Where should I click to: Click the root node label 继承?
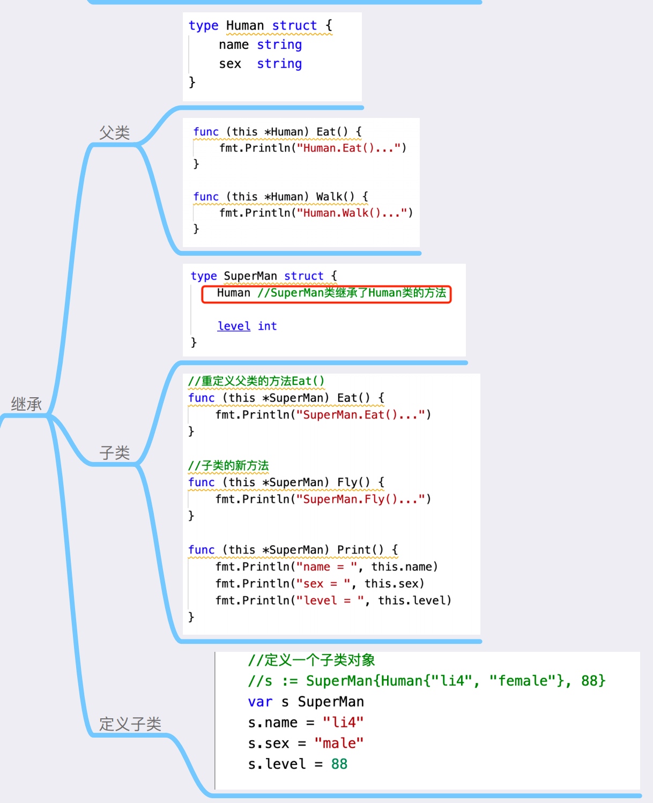tap(26, 404)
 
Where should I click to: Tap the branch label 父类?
tap(114, 132)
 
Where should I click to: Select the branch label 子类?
tap(114, 452)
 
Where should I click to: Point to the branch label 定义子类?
tap(130, 724)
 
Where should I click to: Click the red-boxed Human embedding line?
tap(326, 294)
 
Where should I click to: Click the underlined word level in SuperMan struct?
tap(234, 326)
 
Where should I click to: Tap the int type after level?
tap(267, 326)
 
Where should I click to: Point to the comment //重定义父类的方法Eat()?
tap(256, 381)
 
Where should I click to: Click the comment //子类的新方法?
tap(228, 465)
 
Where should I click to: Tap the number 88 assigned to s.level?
tap(339, 764)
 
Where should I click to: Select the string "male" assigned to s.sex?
tap(339, 743)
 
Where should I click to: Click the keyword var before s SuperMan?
tap(260, 702)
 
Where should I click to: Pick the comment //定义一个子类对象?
tap(311, 660)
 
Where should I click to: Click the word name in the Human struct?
tap(234, 45)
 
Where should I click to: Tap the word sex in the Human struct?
tap(230, 64)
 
